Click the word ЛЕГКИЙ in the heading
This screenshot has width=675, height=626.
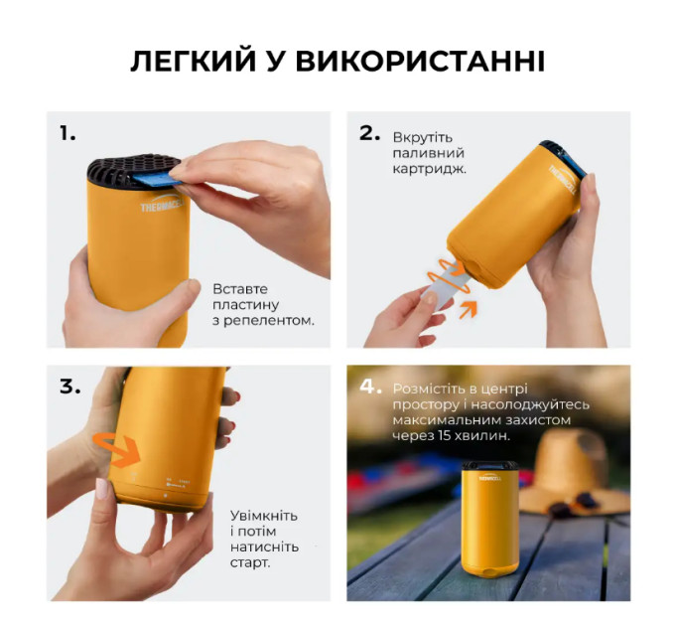[x=193, y=62]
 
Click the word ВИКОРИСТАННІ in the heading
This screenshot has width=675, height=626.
[x=420, y=62]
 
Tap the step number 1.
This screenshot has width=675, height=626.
[x=67, y=133]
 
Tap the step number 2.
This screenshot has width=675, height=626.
[x=370, y=133]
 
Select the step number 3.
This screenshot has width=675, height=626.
[x=70, y=387]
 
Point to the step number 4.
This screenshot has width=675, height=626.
[x=370, y=387]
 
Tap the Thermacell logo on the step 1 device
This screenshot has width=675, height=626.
[x=162, y=205]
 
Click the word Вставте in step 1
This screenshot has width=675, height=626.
[x=240, y=289]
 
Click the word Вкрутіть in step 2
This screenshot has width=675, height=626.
[x=417, y=137]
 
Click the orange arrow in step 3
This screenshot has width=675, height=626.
[x=116, y=449]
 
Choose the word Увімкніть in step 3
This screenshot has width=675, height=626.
[x=264, y=516]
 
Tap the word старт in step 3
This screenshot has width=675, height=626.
[x=250, y=562]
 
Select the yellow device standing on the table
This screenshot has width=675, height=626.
[x=490, y=519]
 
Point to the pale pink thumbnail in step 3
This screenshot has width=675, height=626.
[x=102, y=488]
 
